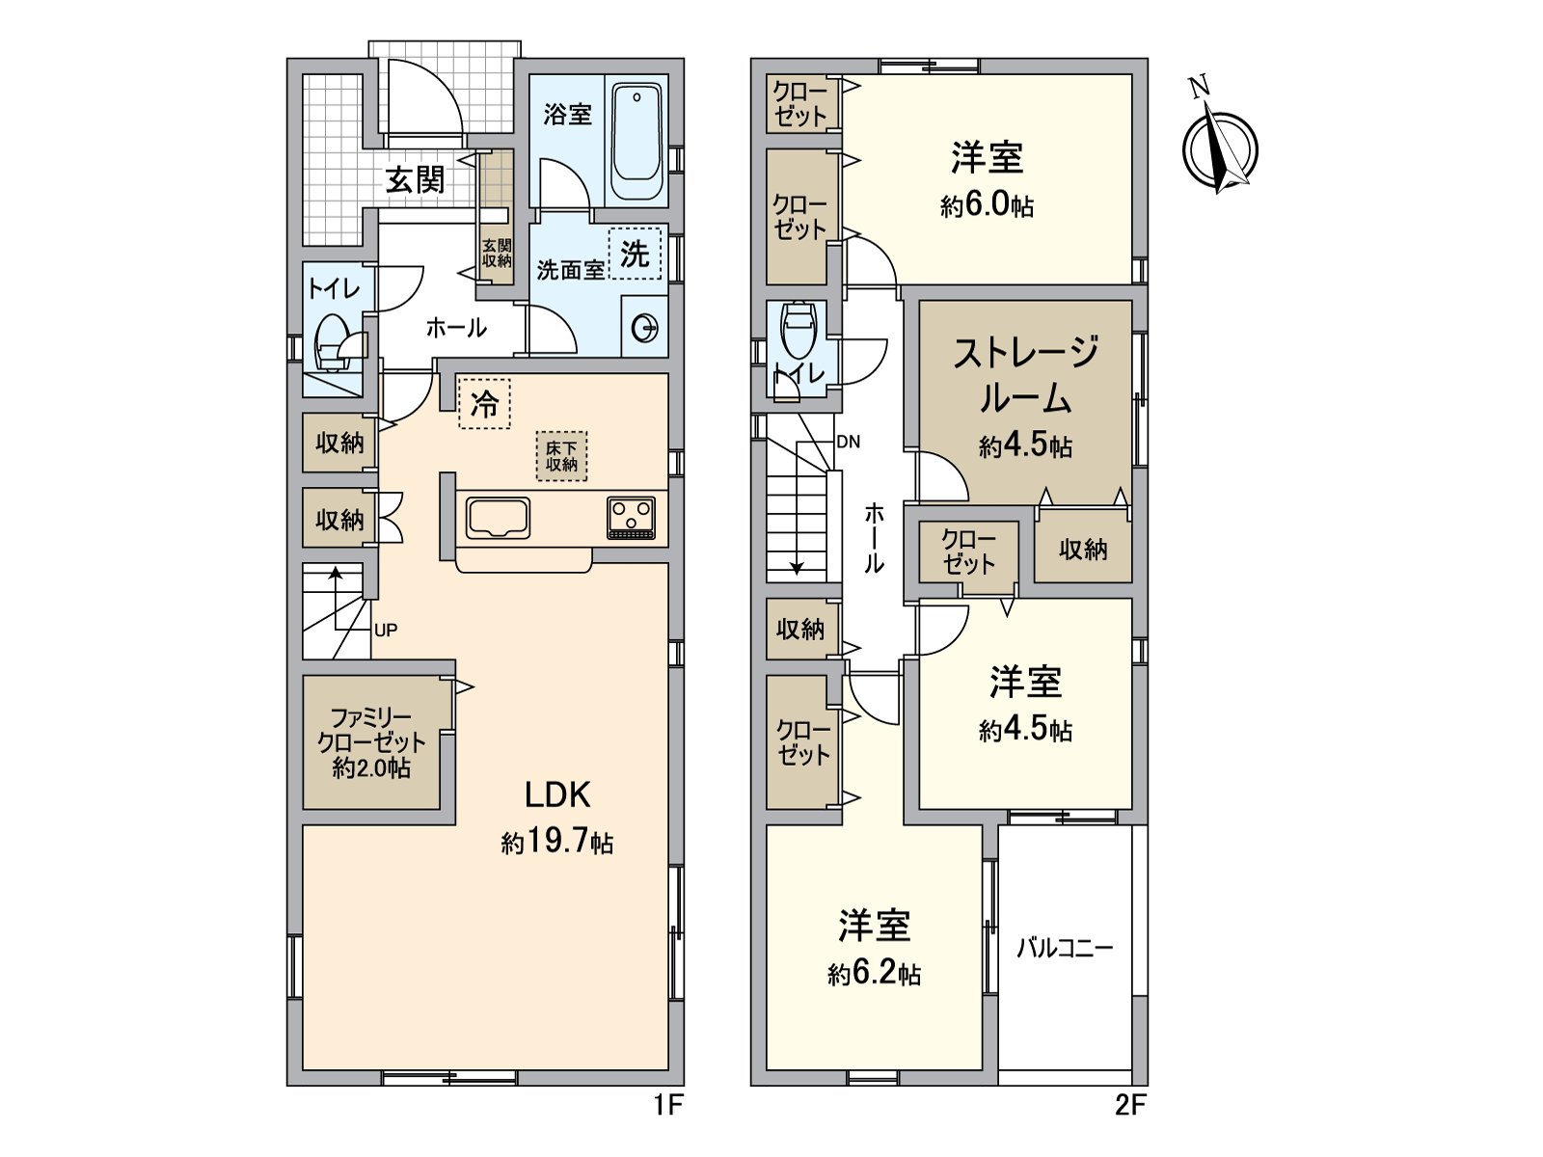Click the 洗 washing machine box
[635, 254]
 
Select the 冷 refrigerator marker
[484, 403]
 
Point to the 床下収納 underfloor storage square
[561, 456]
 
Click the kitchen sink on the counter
[498, 519]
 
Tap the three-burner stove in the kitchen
[632, 517]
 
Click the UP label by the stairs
[386, 631]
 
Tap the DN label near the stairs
[848, 443]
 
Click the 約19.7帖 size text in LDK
[557, 842]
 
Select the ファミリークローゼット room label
[371, 742]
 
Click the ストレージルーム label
[1025, 374]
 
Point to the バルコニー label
[1065, 948]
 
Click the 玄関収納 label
[497, 254]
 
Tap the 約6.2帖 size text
[874, 974]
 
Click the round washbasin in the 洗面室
[644, 329]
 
